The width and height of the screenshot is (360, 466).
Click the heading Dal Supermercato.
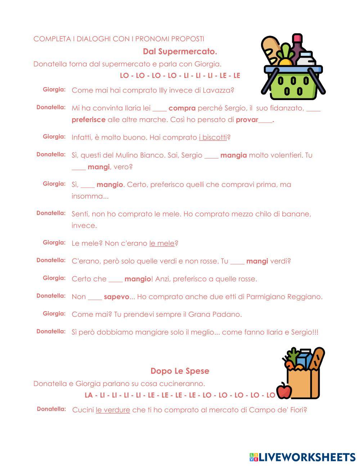click(x=180, y=51)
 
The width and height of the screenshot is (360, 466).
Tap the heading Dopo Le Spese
click(x=180, y=371)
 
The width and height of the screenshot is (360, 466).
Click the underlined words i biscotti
click(x=213, y=138)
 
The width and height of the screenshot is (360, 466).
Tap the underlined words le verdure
click(x=113, y=410)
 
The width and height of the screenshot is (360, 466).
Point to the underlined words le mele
click(x=162, y=243)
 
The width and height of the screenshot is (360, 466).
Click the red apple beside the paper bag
click(x=284, y=391)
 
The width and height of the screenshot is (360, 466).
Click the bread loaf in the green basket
click(x=270, y=50)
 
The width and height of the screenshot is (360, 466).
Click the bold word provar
click(x=247, y=120)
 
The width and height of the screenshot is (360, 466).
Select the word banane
click(x=295, y=214)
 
